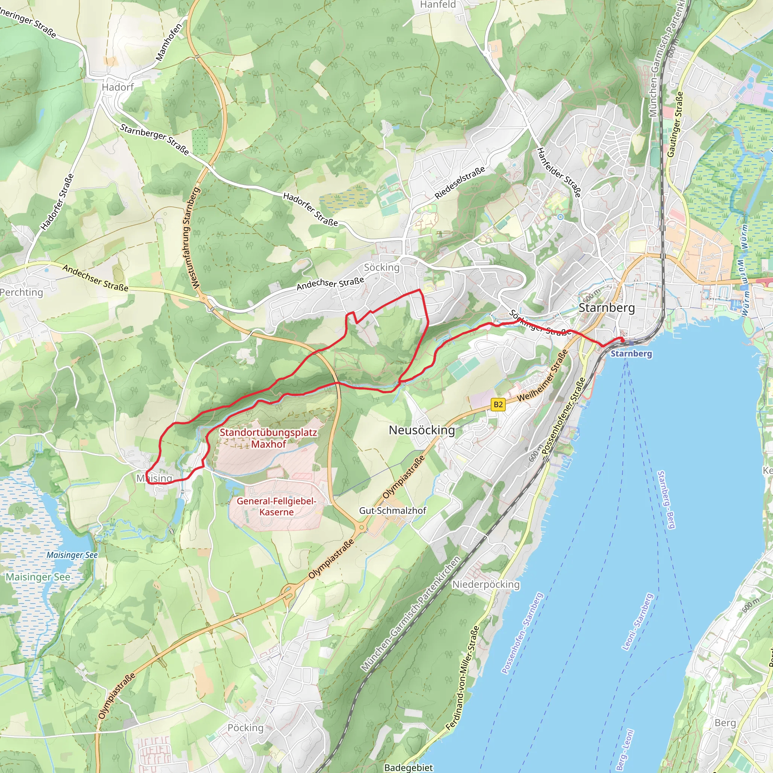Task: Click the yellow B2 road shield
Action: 498,405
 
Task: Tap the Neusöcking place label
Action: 422,430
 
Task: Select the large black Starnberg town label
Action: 607,308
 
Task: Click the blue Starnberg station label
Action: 631,354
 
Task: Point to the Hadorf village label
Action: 118,87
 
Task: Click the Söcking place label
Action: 382,267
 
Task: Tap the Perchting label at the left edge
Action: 22,292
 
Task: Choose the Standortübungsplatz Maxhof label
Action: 268,438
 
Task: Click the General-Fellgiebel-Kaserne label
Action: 276,507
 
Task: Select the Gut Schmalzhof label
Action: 393,511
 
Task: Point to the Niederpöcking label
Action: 486,585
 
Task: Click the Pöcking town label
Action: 246,728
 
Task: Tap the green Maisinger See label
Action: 38,577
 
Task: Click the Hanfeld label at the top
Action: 438,5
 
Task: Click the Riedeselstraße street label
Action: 460,182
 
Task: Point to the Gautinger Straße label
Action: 675,125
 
